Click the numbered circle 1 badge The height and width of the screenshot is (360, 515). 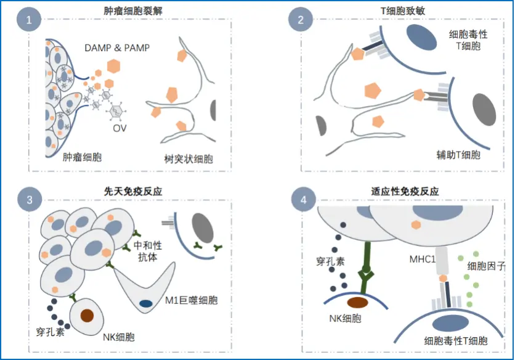[x=29, y=20]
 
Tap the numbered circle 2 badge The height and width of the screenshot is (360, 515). [x=301, y=20]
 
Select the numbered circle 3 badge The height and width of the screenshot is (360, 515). [x=29, y=200]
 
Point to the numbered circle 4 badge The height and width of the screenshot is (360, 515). [x=301, y=200]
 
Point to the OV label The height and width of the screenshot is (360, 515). [x=120, y=129]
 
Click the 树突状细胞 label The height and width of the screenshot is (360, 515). [x=189, y=158]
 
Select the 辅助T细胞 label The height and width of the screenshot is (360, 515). [x=456, y=155]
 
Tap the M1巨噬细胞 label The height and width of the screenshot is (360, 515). [x=192, y=300]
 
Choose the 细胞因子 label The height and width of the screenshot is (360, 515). [x=487, y=266]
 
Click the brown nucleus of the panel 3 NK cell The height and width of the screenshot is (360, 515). [x=87, y=316]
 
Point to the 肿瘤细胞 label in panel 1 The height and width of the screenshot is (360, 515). [x=83, y=157]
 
